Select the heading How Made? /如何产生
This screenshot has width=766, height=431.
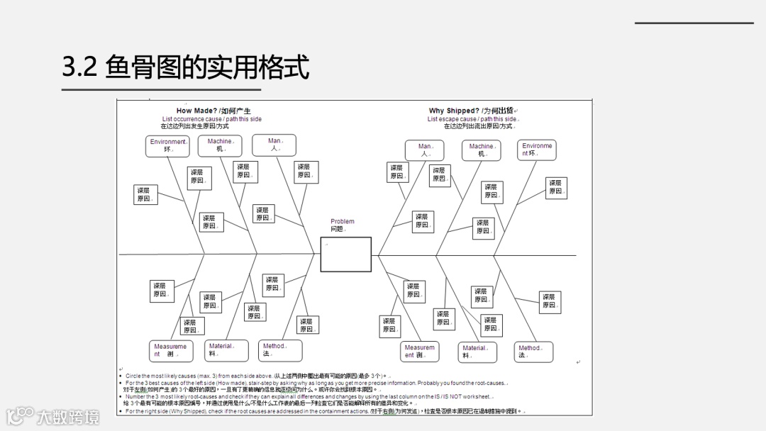click(x=213, y=111)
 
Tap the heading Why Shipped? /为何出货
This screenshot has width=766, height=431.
click(x=472, y=111)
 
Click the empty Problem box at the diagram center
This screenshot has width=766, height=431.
click(x=345, y=254)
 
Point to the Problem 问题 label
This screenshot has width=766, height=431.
click(x=342, y=225)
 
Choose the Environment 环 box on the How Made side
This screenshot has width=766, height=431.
click(x=168, y=145)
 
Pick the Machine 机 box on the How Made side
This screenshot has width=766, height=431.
click(x=220, y=145)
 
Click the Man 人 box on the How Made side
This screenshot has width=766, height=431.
click(x=274, y=145)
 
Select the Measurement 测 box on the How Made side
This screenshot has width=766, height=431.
click(x=170, y=350)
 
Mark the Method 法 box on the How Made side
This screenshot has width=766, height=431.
click(x=279, y=350)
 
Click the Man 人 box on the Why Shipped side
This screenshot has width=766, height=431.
click(x=425, y=150)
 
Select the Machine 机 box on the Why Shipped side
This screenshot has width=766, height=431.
click(x=482, y=150)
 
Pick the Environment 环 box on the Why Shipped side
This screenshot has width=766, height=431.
click(x=536, y=150)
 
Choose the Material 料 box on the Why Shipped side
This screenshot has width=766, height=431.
click(x=477, y=352)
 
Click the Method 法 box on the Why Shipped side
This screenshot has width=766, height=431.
click(x=533, y=352)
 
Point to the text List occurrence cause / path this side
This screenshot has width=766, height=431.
click(x=211, y=119)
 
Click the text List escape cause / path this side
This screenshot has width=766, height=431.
click(x=472, y=119)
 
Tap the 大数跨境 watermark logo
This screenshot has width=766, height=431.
click(x=53, y=416)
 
